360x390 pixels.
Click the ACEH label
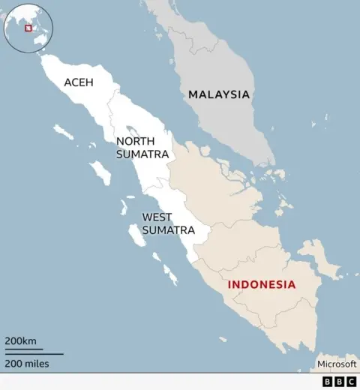click(79, 82)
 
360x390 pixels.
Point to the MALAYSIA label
click(218, 94)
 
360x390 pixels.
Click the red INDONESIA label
click(262, 285)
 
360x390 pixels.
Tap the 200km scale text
click(20, 341)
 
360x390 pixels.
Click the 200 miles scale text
click(27, 364)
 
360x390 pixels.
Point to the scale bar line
click(34, 352)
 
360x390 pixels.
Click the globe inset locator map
click(28, 28)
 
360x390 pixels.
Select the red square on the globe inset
click(28, 28)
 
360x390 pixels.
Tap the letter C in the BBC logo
click(349, 382)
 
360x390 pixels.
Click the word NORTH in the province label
click(135, 140)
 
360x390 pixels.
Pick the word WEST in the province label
click(157, 217)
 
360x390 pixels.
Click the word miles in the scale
click(37, 364)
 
